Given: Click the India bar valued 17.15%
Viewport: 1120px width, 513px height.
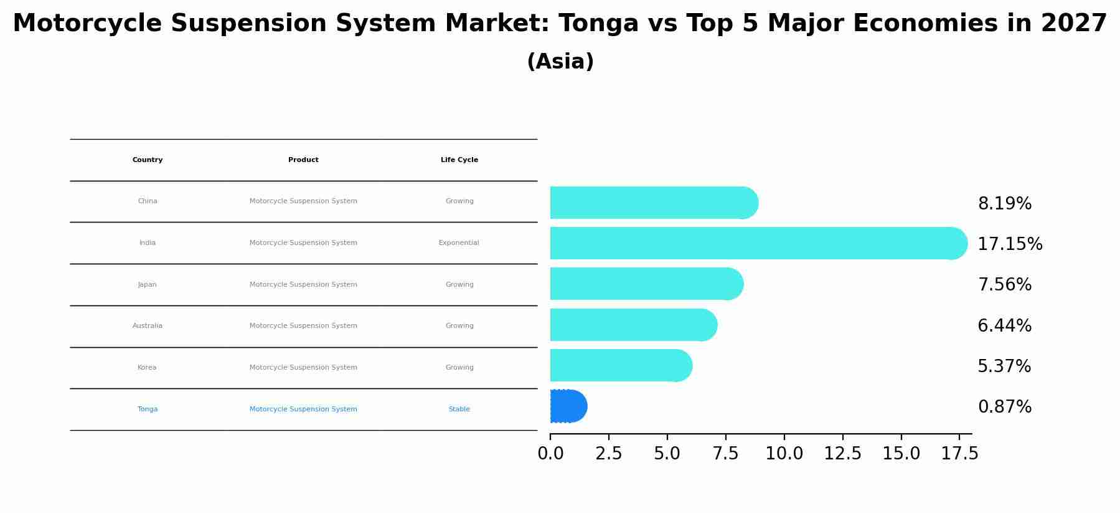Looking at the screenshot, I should tap(756, 243).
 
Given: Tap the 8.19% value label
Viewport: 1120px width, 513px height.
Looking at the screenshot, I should tap(1004, 204).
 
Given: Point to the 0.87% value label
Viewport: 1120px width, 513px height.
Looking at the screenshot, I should tap(1004, 407).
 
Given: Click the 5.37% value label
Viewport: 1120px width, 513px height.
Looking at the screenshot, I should tap(1004, 367).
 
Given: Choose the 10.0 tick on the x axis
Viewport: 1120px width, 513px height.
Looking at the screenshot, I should tap(784, 454).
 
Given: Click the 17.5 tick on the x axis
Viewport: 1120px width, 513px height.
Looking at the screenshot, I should tap(959, 454).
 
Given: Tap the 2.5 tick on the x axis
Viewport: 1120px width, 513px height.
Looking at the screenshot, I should tap(608, 454).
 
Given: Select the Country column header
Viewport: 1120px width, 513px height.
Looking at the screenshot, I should tap(148, 160).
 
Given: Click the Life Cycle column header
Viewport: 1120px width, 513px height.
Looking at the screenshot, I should tap(459, 160).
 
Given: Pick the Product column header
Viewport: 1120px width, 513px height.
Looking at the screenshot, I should tap(303, 160).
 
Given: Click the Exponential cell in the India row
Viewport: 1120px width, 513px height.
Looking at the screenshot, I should tap(459, 243).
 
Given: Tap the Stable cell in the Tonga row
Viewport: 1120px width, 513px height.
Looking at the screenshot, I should tap(459, 410).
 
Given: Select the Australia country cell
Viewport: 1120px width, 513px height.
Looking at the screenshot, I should tap(148, 326).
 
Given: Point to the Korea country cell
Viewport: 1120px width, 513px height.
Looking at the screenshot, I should tap(147, 368).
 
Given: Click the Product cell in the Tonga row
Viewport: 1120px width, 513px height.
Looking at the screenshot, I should tap(303, 410).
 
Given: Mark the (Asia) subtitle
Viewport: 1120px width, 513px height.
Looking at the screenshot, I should tap(560, 62).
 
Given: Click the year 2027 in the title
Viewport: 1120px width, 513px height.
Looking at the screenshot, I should tap(1073, 24).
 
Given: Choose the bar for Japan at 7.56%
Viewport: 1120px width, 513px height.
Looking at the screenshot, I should tap(644, 284).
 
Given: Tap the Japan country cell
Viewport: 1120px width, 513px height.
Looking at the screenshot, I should tap(148, 285).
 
